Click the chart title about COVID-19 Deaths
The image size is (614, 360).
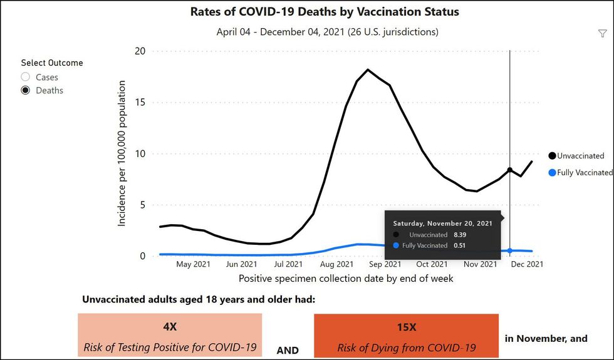tap(325, 12)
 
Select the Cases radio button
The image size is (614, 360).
tap(26, 77)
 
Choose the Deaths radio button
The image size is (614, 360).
tap(26, 90)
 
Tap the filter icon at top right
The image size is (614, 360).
tap(603, 34)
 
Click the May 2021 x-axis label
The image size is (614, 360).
tap(193, 264)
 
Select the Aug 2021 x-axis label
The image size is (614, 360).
tap(336, 264)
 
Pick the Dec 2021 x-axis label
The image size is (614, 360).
tap(526, 264)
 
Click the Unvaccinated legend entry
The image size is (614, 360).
tap(580, 156)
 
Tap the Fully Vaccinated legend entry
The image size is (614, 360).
tap(584, 172)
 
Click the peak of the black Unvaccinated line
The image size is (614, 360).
tap(368, 69)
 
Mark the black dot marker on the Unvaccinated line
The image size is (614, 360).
tap(510, 170)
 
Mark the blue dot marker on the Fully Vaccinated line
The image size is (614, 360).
tap(510, 250)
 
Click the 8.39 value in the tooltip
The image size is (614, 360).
tap(460, 235)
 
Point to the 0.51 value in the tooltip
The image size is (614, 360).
tap(460, 245)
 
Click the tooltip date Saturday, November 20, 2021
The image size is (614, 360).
tap(442, 223)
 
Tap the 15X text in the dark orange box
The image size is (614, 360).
tap(407, 327)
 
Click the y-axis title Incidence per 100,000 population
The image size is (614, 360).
tap(122, 153)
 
